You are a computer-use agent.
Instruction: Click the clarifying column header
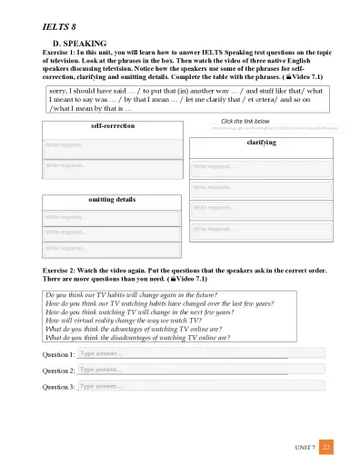pos(261,143)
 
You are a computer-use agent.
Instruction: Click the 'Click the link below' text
pos(245,121)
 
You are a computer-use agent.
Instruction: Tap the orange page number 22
pos(327,446)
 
